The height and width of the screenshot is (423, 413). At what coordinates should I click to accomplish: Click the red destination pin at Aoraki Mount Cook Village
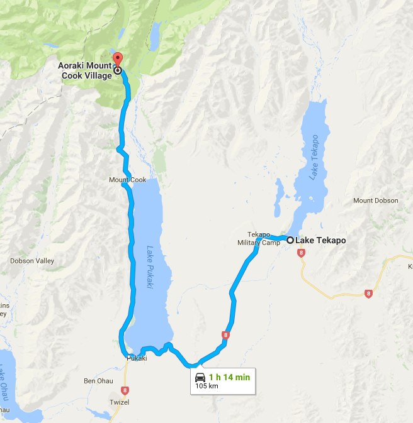tap(116, 60)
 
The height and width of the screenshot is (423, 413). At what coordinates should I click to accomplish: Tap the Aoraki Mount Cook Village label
tap(83, 70)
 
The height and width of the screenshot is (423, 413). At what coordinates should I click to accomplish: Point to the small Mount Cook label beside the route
tap(127, 180)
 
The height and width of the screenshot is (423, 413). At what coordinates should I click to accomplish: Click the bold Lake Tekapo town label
tap(320, 240)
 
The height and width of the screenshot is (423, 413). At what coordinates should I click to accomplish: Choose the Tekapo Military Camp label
tap(259, 238)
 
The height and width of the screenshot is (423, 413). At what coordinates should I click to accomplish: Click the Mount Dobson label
tap(376, 201)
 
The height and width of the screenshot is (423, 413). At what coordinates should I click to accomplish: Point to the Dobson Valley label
tap(32, 261)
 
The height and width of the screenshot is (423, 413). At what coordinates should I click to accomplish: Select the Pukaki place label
tap(137, 358)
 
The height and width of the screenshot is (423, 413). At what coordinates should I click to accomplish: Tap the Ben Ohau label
tap(98, 381)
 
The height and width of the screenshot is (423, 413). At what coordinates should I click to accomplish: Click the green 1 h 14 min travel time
tap(229, 377)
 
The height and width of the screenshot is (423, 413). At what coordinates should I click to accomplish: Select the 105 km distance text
tap(206, 386)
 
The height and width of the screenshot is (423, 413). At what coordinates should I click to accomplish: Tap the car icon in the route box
tap(200, 377)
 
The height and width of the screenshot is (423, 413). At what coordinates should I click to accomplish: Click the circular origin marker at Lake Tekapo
tap(290, 240)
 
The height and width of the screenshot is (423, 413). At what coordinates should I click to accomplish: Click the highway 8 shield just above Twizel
tap(125, 390)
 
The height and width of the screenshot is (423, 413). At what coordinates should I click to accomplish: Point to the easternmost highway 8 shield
tap(368, 294)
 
